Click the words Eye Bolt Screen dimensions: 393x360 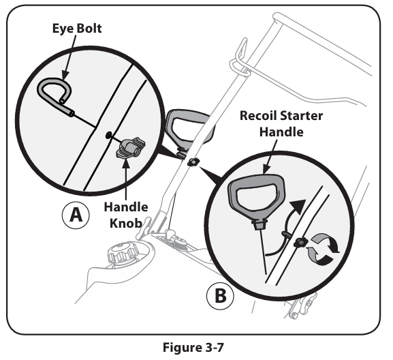(77, 29)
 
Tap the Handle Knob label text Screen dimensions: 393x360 (126, 215)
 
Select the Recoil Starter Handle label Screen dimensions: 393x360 (281, 123)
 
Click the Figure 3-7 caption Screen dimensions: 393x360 (193, 348)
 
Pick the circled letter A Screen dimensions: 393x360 (76, 215)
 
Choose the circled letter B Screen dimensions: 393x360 (220, 296)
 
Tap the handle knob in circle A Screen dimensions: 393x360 (130, 148)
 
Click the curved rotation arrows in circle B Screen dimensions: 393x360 (324, 249)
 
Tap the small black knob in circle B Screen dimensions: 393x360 (301, 243)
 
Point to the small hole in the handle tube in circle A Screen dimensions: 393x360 (108, 135)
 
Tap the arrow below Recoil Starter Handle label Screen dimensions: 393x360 (270, 157)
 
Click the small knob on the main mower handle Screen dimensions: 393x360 (193, 162)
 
